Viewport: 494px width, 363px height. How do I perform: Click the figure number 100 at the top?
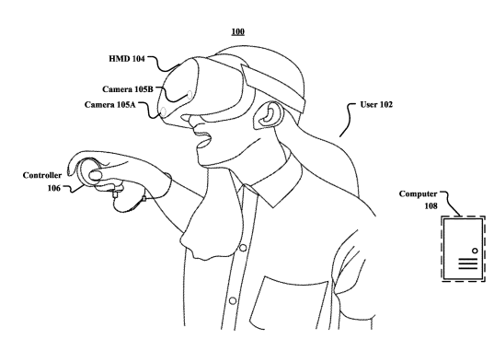click(238, 31)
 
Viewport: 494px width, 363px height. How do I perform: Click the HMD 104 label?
click(127, 59)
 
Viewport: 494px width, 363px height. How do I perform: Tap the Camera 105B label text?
click(128, 89)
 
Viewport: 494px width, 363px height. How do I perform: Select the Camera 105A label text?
click(110, 104)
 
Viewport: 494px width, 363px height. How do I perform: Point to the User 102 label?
click(376, 104)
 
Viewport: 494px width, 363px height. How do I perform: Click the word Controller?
click(42, 175)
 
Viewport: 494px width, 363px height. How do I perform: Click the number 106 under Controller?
click(53, 188)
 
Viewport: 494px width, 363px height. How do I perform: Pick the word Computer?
click(418, 193)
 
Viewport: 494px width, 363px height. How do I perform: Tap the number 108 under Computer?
click(431, 206)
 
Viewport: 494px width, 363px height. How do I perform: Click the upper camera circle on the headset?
click(190, 94)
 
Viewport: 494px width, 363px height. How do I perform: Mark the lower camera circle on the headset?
click(163, 111)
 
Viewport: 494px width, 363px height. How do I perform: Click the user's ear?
click(268, 115)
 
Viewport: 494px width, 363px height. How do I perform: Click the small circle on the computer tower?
click(475, 251)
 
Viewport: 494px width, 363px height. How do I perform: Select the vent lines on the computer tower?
click(468, 263)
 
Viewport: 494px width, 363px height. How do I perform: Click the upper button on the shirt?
click(243, 248)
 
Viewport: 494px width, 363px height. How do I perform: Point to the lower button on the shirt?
click(233, 300)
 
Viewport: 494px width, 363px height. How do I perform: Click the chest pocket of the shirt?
click(288, 303)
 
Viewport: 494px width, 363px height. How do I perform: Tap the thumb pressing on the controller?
click(96, 175)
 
